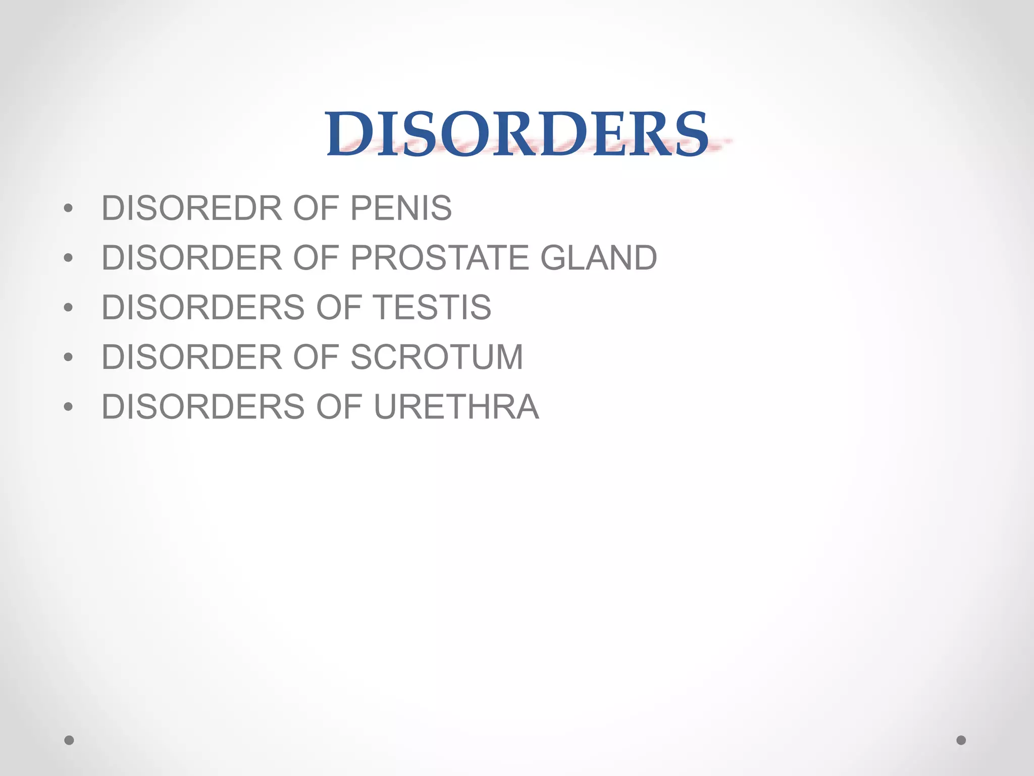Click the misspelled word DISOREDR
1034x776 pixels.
(x=191, y=208)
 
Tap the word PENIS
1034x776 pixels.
(x=401, y=208)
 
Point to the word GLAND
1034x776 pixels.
(x=598, y=258)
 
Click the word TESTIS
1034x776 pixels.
(x=432, y=307)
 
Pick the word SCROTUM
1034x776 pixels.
(x=437, y=357)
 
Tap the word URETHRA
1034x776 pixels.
(x=456, y=407)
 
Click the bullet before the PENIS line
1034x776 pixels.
(x=69, y=208)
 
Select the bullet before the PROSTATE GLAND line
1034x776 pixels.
(x=69, y=258)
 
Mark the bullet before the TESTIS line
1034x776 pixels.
(x=69, y=308)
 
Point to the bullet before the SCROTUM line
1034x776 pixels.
(x=69, y=357)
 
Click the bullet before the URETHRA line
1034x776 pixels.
(x=69, y=407)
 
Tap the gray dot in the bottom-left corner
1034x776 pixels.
(x=69, y=740)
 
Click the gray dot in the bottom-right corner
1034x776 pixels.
(x=961, y=740)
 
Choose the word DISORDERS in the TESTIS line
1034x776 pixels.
(x=203, y=307)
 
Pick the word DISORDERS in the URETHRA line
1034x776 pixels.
(x=203, y=407)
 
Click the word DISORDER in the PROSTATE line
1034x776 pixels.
(x=191, y=258)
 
